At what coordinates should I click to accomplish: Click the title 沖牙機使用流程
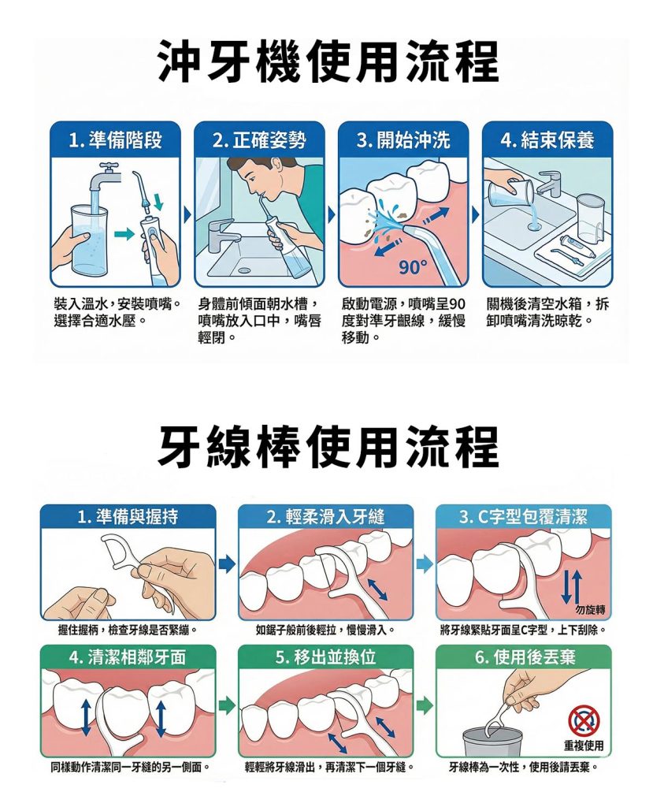pos(327,62)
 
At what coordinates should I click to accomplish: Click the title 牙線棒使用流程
pos(327,447)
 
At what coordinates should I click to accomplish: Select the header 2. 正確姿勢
pos(259,140)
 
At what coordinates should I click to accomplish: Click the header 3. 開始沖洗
pos(403,140)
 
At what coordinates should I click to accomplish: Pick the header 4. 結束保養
pos(547,140)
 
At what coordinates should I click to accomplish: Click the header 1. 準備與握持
pos(127,517)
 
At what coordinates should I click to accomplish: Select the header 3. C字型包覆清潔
pos(523,517)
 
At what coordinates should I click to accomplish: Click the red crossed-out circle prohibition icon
pos(584,720)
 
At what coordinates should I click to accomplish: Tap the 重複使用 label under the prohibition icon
pos(584,746)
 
